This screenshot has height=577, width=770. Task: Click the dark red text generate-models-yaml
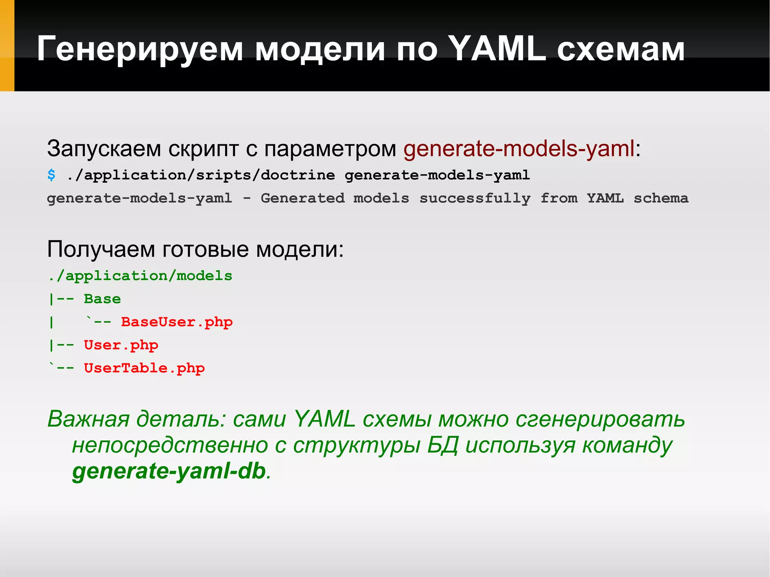click(519, 148)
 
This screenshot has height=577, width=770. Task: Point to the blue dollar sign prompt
click(52, 175)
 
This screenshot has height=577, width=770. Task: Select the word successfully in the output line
click(474, 198)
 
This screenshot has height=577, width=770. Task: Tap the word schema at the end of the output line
click(661, 198)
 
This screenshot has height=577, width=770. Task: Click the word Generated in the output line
click(302, 198)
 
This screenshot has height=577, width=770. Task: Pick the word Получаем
click(101, 249)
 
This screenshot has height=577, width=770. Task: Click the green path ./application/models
click(140, 276)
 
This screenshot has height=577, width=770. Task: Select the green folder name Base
click(102, 299)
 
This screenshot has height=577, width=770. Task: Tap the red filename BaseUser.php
click(177, 322)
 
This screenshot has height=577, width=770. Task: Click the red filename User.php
click(121, 345)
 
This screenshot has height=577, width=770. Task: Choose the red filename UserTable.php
click(144, 368)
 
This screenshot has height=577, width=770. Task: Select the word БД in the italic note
click(443, 445)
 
